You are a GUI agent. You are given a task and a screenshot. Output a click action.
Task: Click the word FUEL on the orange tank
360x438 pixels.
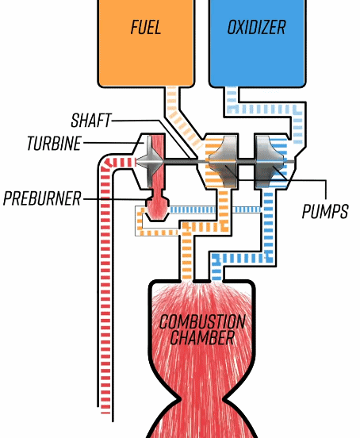(146, 27)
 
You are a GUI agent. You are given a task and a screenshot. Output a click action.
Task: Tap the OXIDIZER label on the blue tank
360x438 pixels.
(256, 27)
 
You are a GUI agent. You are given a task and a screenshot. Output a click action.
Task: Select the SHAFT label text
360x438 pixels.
(91, 121)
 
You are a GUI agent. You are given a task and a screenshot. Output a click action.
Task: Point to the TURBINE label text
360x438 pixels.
(54, 143)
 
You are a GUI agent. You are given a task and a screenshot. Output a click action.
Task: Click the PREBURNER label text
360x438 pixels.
(42, 198)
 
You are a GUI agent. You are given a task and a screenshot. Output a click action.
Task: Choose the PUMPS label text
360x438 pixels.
(325, 211)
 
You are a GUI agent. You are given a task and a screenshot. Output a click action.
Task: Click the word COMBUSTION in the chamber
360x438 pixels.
(202, 322)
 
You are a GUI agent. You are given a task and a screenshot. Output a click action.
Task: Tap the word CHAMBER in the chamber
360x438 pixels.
(202, 337)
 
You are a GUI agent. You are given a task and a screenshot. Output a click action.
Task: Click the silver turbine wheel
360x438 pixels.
(150, 161)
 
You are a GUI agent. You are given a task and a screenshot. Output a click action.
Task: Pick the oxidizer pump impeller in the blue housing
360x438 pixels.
(270, 161)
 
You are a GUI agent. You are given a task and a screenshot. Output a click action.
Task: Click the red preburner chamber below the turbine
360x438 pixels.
(158, 206)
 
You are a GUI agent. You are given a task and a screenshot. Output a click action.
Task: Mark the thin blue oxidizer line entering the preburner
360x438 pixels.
(215, 209)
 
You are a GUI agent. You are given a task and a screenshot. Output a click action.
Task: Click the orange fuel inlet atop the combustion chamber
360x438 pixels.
(186, 257)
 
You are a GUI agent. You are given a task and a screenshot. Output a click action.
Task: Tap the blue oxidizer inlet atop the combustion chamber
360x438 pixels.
(216, 268)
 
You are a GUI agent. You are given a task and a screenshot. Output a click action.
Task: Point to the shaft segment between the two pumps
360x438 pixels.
(246, 161)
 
